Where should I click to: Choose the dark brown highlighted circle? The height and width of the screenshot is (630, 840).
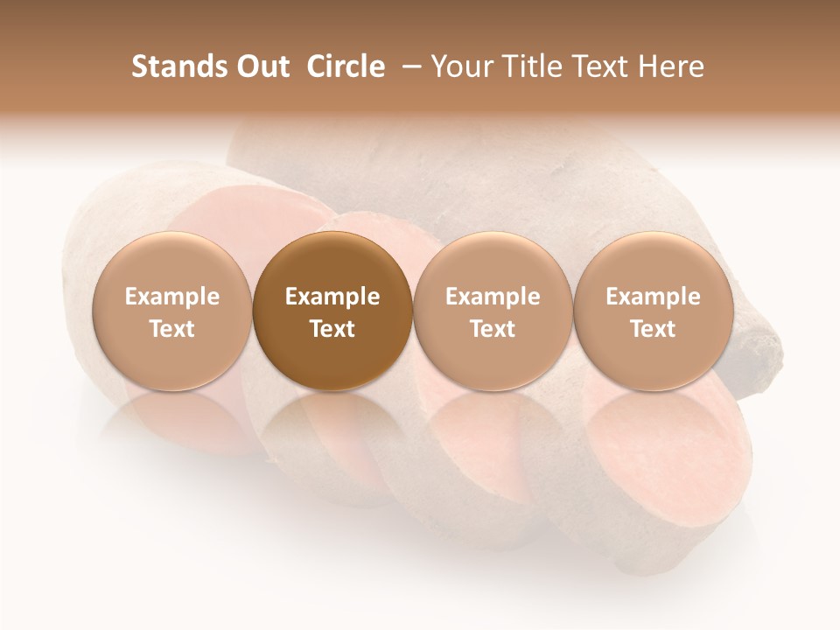point(332,311)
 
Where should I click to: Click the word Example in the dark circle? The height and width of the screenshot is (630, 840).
point(332,297)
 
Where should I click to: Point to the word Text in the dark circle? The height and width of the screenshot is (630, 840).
point(332,329)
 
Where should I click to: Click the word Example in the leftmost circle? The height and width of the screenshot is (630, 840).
point(171,297)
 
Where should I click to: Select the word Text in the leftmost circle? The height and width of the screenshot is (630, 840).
point(171,329)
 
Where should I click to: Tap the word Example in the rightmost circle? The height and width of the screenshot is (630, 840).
point(653,297)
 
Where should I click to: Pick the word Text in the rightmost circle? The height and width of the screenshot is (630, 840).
point(653,329)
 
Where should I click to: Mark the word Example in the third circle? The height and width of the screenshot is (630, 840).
point(493,297)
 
